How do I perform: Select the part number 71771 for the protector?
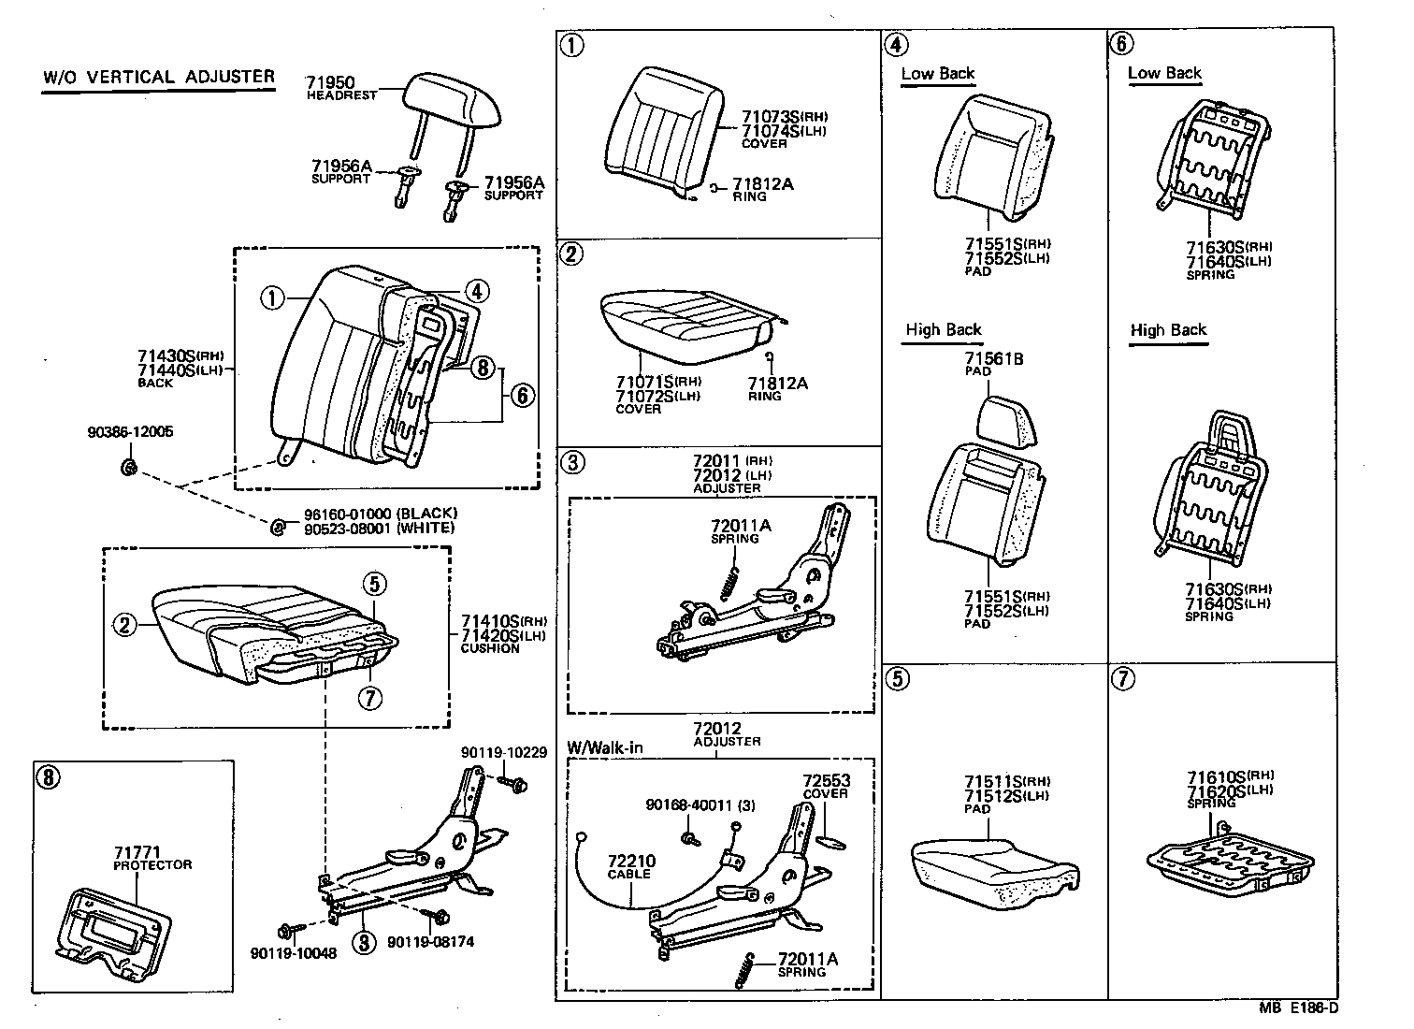(x=136, y=852)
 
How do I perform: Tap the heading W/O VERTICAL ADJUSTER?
(x=159, y=77)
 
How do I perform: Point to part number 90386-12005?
(x=130, y=432)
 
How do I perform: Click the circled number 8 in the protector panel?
(x=47, y=776)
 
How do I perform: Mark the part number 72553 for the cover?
(x=826, y=780)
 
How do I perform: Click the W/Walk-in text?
(x=605, y=748)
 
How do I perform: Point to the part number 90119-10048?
(x=293, y=953)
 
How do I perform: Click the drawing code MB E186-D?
(x=1298, y=1007)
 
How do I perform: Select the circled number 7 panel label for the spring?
(x=1122, y=679)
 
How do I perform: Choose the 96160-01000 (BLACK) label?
(x=380, y=514)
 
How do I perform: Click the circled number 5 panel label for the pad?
(x=897, y=679)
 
